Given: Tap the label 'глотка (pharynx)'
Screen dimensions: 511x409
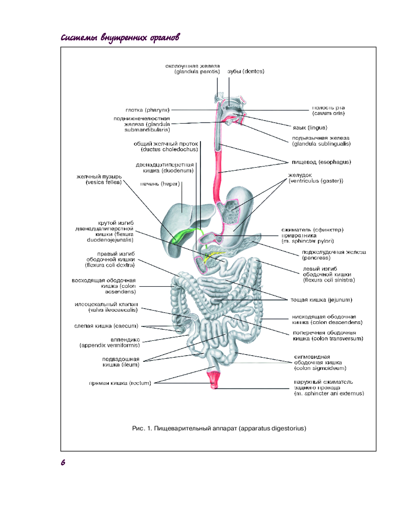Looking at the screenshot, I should pos(147,109).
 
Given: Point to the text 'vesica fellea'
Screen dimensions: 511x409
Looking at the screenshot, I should pos(104,182).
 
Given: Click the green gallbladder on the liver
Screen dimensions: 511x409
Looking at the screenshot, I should pos(180,237).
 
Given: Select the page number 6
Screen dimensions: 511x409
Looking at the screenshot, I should pos(62,462).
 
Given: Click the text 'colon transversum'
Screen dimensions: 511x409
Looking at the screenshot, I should pos(328,338).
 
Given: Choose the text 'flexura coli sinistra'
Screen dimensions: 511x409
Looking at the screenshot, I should pos(328,280).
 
